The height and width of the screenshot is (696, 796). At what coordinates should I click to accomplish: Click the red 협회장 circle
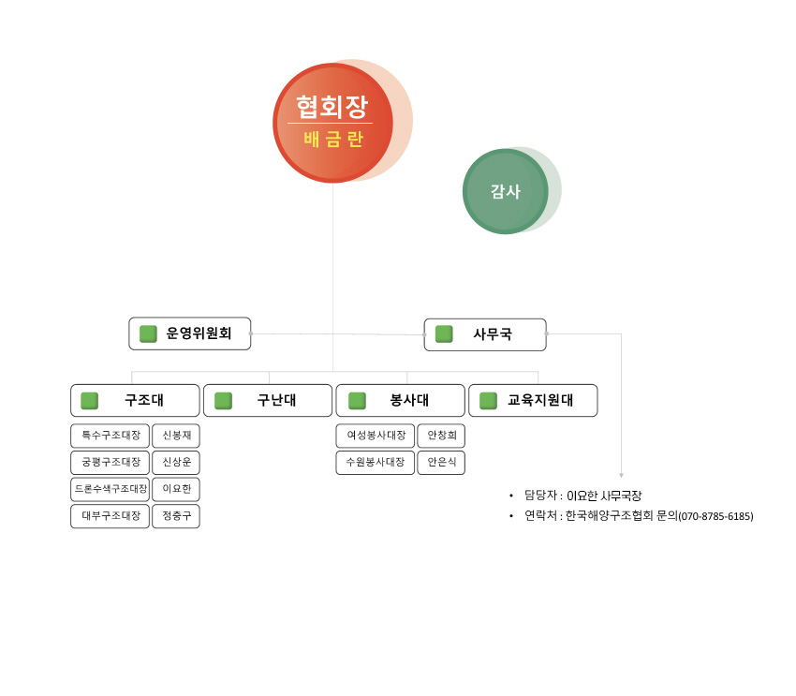(333, 123)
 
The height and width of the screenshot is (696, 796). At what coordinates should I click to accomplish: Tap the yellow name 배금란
(333, 139)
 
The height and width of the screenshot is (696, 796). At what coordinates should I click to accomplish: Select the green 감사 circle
(506, 191)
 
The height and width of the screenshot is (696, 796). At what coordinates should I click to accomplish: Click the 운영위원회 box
(190, 333)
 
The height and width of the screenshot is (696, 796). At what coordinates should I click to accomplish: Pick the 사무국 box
(485, 334)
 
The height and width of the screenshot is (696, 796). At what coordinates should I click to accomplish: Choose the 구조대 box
(135, 401)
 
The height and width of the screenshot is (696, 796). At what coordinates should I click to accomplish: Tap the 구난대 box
(268, 401)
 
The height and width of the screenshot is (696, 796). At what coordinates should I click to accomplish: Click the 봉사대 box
(401, 401)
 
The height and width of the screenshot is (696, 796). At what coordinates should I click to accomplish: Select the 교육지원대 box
(533, 401)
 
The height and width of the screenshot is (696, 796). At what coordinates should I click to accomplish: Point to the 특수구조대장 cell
(111, 436)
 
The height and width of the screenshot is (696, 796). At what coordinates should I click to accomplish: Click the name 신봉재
(177, 435)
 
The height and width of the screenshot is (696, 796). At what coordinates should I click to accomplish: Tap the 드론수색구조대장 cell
(111, 489)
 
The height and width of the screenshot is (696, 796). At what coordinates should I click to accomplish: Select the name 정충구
(177, 516)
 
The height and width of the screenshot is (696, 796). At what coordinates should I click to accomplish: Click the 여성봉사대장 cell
(376, 436)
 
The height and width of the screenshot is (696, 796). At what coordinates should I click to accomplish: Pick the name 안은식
(442, 462)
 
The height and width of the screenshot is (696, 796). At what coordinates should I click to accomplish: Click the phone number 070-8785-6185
(715, 517)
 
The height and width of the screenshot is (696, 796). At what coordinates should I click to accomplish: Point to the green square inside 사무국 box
(444, 334)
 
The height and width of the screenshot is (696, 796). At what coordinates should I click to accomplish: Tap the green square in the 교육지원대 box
(488, 401)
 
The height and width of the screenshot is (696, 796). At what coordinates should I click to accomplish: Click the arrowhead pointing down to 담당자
(622, 476)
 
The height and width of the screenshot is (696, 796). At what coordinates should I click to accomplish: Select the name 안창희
(442, 435)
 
